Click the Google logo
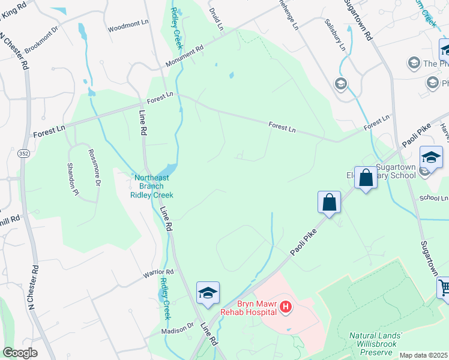tap(20, 353)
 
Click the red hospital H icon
tap(286, 308)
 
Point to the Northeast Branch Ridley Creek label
tap(153, 186)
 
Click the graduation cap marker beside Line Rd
tap(208, 293)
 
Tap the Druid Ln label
tap(217, 19)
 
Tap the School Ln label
tap(433, 198)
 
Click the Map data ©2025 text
tap(424, 355)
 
